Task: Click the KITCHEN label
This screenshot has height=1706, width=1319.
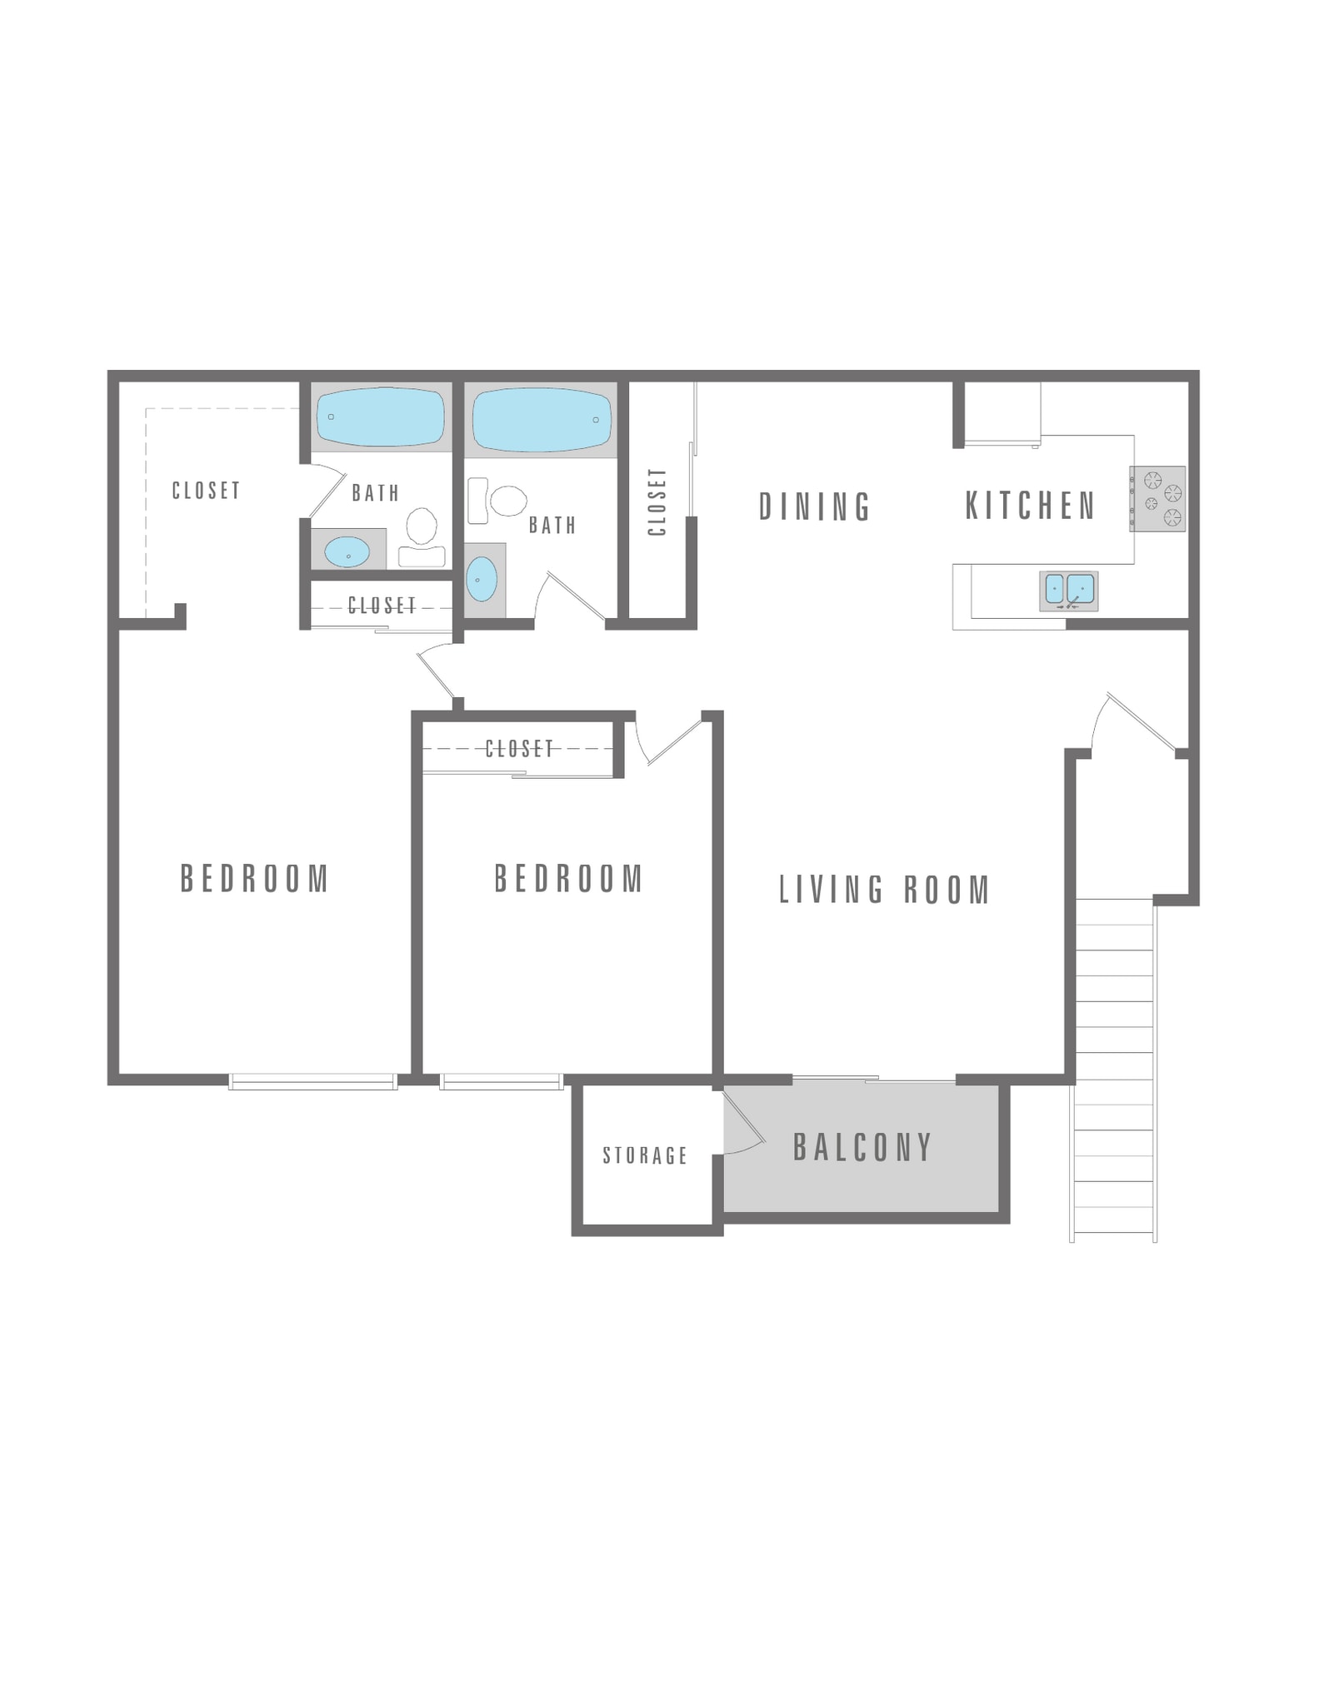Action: [1030, 506]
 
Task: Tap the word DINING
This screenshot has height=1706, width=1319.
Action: [814, 506]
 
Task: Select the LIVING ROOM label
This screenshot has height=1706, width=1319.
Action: [884, 890]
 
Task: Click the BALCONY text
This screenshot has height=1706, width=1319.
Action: [862, 1148]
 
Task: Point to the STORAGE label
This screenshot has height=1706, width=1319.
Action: [645, 1155]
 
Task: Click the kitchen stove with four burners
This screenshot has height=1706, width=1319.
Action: [1157, 499]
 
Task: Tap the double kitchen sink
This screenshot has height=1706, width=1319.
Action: [1068, 591]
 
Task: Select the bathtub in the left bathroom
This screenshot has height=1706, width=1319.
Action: [381, 417]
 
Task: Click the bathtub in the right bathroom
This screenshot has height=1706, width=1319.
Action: [541, 419]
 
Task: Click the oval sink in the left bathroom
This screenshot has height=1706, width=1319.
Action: [347, 551]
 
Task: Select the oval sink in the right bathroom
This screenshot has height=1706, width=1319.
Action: [482, 579]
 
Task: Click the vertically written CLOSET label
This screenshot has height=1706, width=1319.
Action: [657, 502]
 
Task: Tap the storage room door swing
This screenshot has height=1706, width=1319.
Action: [742, 1124]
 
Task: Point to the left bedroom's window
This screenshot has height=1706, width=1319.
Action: [312, 1081]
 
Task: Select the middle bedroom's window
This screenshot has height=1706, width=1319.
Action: [501, 1081]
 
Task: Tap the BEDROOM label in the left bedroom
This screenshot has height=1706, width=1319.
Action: [255, 879]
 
